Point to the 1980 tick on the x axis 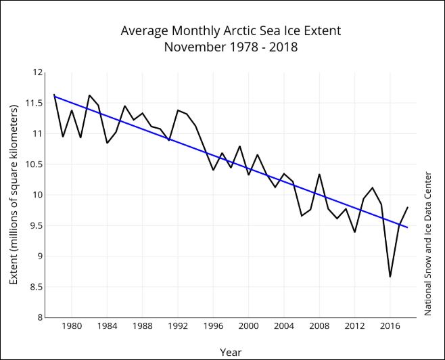click(72, 325)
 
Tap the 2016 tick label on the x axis click(390, 325)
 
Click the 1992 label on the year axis click(178, 325)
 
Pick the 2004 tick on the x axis click(284, 325)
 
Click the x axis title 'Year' click(231, 352)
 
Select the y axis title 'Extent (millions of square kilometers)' click(13, 194)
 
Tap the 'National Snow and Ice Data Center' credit click(427, 244)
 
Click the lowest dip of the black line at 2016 click(390, 276)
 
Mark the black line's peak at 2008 click(319, 175)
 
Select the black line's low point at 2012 click(354, 232)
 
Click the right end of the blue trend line click(408, 227)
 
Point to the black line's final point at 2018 click(408, 208)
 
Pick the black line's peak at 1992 click(178, 110)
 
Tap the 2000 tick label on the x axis click(249, 325)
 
